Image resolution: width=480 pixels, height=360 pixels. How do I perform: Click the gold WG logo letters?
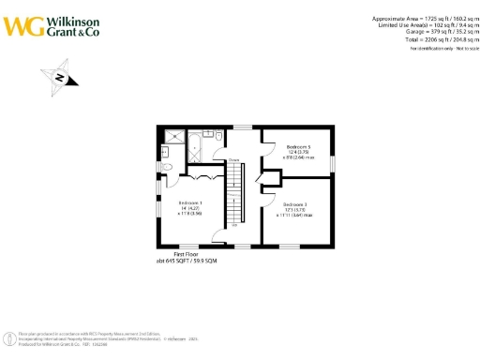(22, 25)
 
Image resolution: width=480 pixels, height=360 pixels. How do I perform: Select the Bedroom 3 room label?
(295, 204)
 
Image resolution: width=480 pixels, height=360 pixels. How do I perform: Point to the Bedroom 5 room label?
(296, 147)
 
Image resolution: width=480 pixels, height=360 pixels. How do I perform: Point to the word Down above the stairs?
(231, 160)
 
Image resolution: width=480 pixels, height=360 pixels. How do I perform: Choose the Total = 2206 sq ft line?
(423, 40)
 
